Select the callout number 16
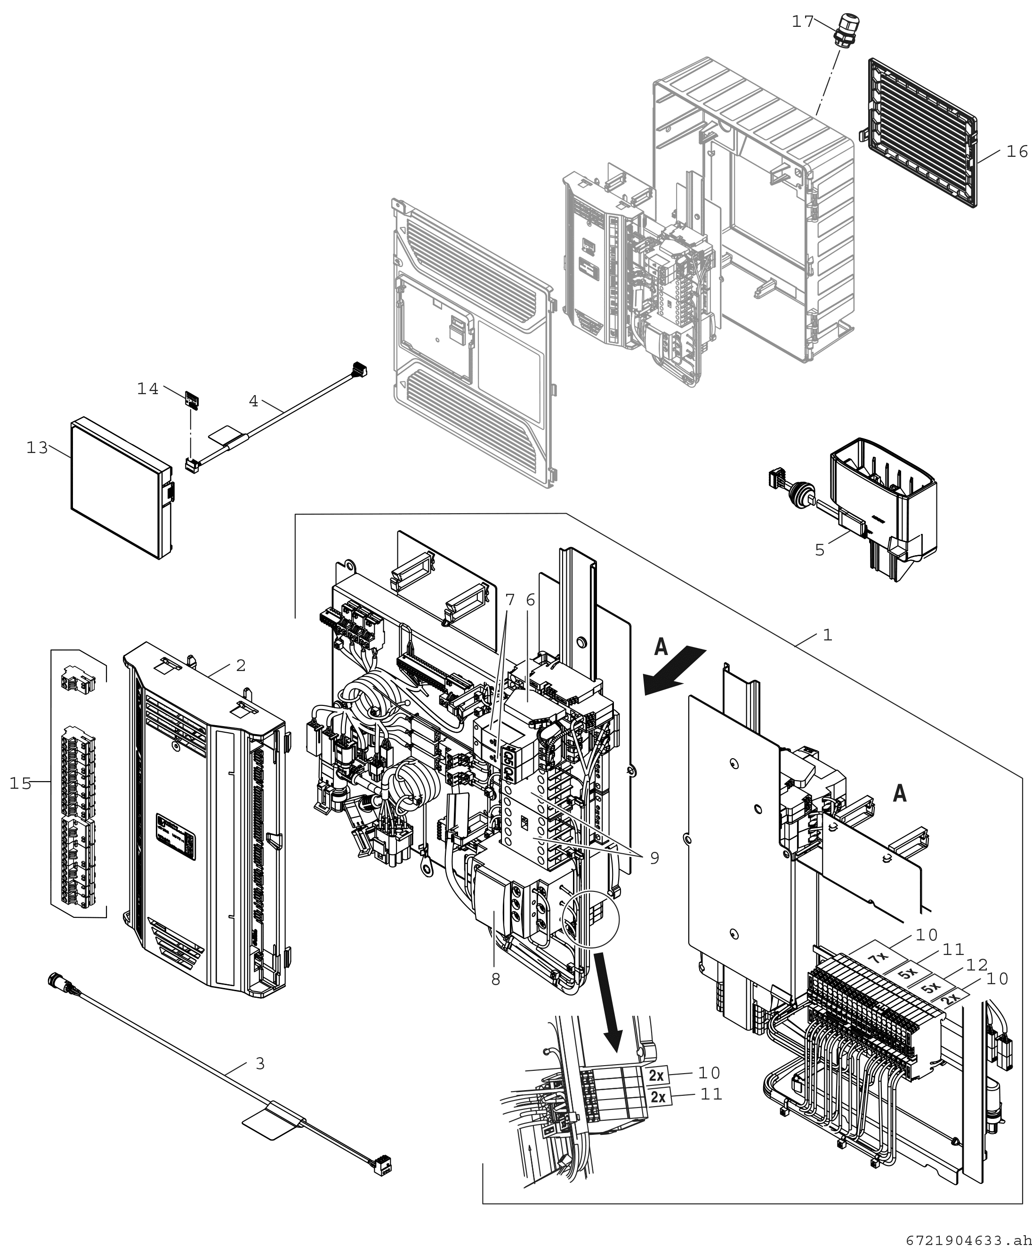[x=1016, y=152]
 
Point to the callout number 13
[x=37, y=447]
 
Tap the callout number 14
[x=148, y=389]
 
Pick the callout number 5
[x=820, y=550]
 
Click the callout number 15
[x=20, y=784]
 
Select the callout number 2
[x=241, y=665]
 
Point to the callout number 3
[x=260, y=1063]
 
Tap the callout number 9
[x=654, y=858]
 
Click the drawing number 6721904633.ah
[x=968, y=1240]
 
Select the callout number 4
[x=254, y=401]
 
